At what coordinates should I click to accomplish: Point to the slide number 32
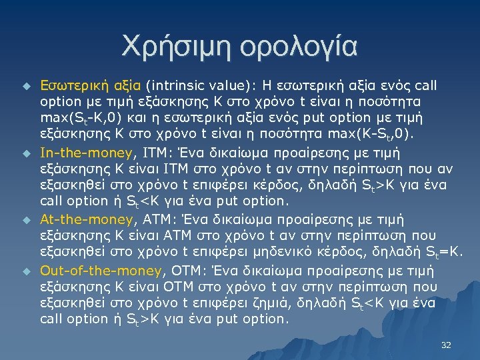coord(446,345)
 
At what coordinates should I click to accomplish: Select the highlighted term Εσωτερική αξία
coord(90,85)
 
